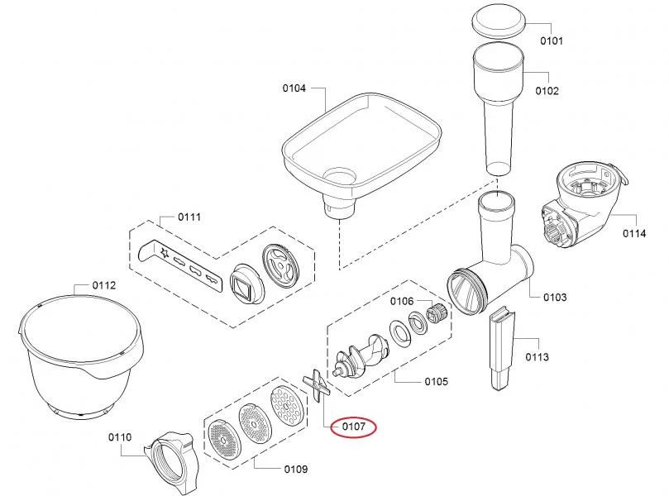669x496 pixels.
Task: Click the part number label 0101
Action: [552, 41]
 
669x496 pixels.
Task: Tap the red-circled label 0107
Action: [354, 427]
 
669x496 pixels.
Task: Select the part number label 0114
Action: [634, 233]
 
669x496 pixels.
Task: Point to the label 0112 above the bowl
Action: [104, 285]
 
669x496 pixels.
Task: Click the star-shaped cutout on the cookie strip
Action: [165, 253]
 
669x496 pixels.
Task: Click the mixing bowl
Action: [81, 355]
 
